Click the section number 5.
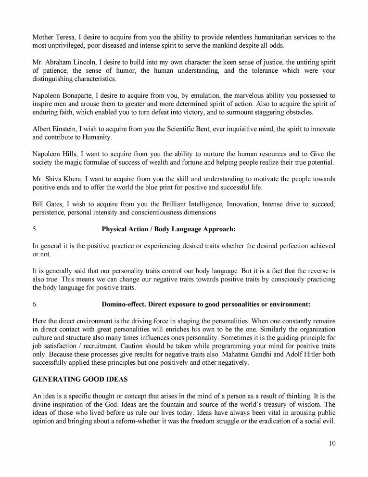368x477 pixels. (34, 229)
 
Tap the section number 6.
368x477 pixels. (34, 305)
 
